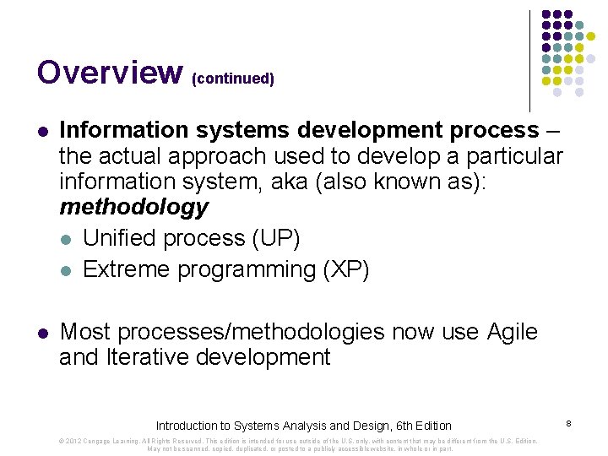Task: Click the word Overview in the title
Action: pyautogui.click(x=109, y=73)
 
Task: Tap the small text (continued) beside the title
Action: pyautogui.click(x=233, y=79)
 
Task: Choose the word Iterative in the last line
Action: pyautogui.click(x=147, y=357)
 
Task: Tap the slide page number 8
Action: pyautogui.click(x=569, y=421)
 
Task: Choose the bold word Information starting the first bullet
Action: pyautogui.click(x=124, y=131)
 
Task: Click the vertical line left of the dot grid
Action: pyautogui.click(x=529, y=61)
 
